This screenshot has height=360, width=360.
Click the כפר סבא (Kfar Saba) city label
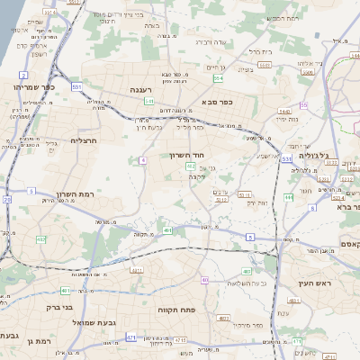218,102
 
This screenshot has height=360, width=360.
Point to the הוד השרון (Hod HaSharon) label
189,154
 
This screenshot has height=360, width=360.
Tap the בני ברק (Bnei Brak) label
55,306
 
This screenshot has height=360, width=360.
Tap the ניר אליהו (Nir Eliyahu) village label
306,63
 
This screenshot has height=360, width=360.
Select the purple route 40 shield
205,280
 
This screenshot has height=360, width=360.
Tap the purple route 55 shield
304,105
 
